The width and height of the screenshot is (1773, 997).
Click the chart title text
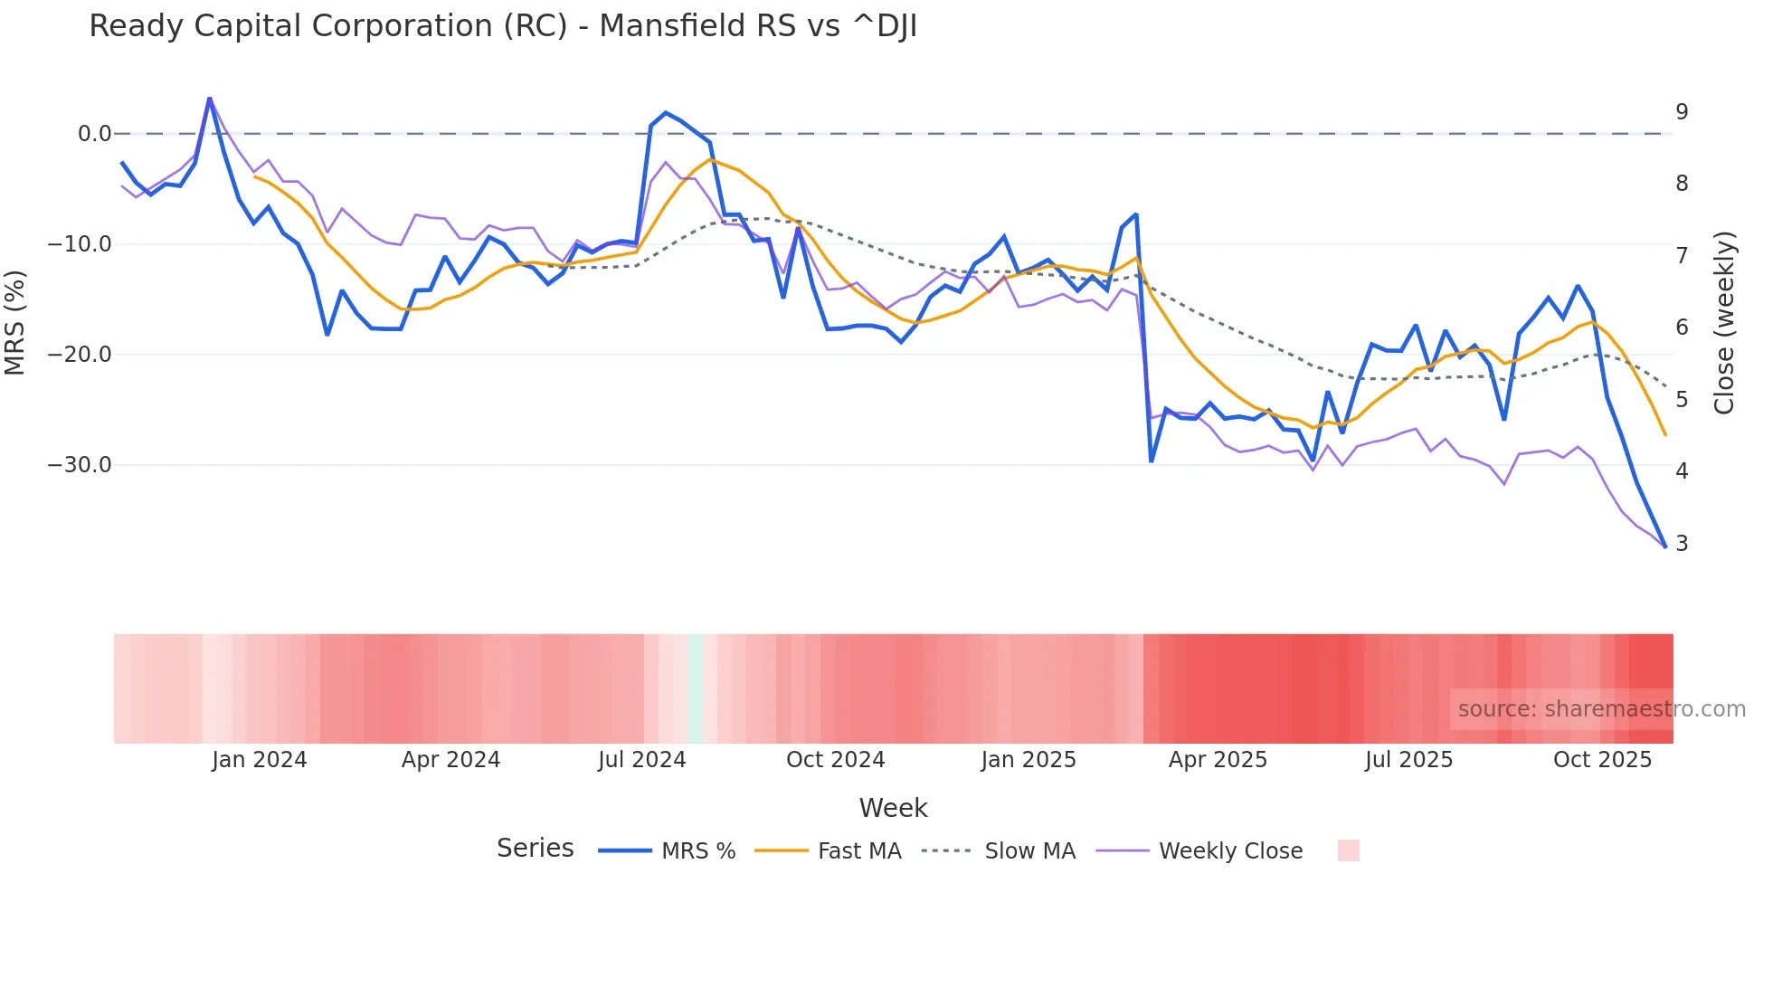tap(503, 26)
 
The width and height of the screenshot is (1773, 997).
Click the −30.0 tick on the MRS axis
tap(80, 465)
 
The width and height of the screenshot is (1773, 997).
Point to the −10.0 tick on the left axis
tap(80, 244)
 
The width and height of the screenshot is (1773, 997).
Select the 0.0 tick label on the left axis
tap(94, 134)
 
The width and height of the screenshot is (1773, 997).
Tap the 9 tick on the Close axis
tap(1682, 112)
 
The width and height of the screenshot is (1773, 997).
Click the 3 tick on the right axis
tap(1682, 544)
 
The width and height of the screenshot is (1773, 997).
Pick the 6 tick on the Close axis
tap(1682, 328)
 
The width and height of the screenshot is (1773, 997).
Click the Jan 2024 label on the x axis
tap(260, 760)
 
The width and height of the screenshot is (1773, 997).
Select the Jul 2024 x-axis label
tap(641, 760)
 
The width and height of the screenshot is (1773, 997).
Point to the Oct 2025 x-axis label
tap(1602, 760)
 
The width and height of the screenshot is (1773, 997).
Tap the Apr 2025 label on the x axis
tap(1218, 760)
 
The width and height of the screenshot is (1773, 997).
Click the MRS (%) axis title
tap(15, 323)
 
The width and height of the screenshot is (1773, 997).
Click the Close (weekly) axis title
tap(1724, 323)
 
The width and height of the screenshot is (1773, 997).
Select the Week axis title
tap(893, 808)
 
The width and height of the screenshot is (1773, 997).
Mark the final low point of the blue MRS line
tap(1664, 546)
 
